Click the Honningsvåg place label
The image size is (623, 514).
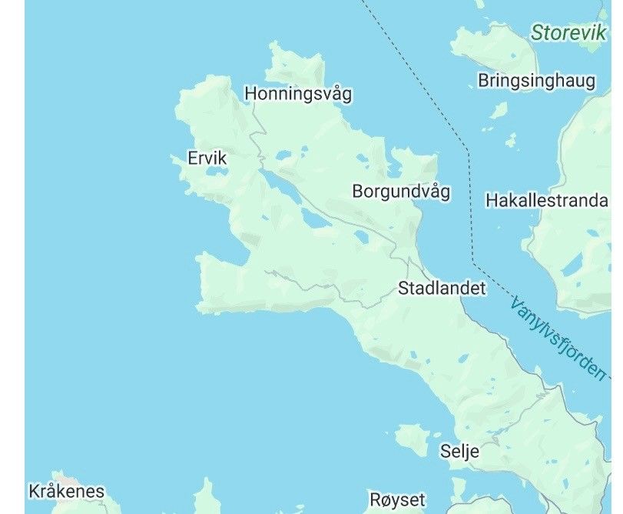pos(298,94)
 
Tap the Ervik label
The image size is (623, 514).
pos(207,159)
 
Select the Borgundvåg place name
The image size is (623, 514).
pos(401,191)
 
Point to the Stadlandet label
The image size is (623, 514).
pos(442,289)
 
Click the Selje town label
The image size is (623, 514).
pos(460,451)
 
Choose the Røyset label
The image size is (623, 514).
pos(397,499)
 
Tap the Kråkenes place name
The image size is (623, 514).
pos(66,491)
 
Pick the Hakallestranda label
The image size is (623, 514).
pos(547,200)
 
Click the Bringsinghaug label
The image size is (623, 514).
pos(536,80)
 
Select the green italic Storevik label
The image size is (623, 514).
pos(569,32)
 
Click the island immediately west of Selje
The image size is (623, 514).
pos(413,438)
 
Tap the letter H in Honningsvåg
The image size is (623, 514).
pos(250,94)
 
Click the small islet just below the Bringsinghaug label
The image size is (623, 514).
pos(499,111)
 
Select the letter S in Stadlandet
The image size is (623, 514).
pos(403,289)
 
